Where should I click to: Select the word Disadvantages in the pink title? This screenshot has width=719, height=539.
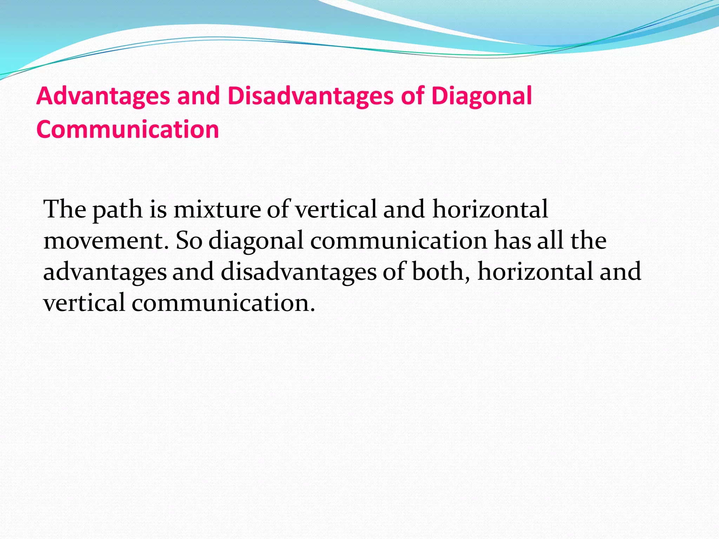(x=310, y=96)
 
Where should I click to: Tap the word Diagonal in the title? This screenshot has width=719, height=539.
(x=481, y=96)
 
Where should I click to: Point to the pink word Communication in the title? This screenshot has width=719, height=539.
(x=128, y=129)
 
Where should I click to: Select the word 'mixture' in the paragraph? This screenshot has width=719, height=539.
(x=217, y=209)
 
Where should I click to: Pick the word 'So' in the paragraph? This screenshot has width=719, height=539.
(x=189, y=241)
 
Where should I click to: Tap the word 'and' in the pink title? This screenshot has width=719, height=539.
(x=199, y=96)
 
